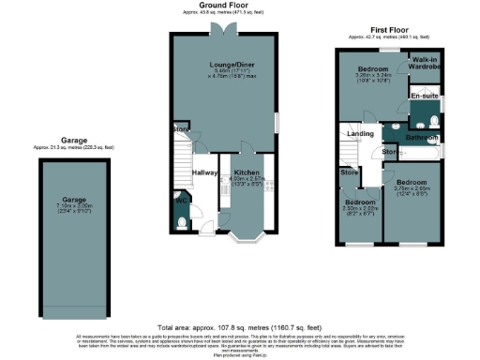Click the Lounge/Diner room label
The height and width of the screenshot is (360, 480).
(x=223, y=66)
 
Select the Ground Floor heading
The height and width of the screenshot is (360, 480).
(x=221, y=5)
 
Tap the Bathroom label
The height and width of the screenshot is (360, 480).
(x=422, y=138)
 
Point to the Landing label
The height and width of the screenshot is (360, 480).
(x=361, y=134)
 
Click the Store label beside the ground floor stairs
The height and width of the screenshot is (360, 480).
(x=178, y=130)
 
